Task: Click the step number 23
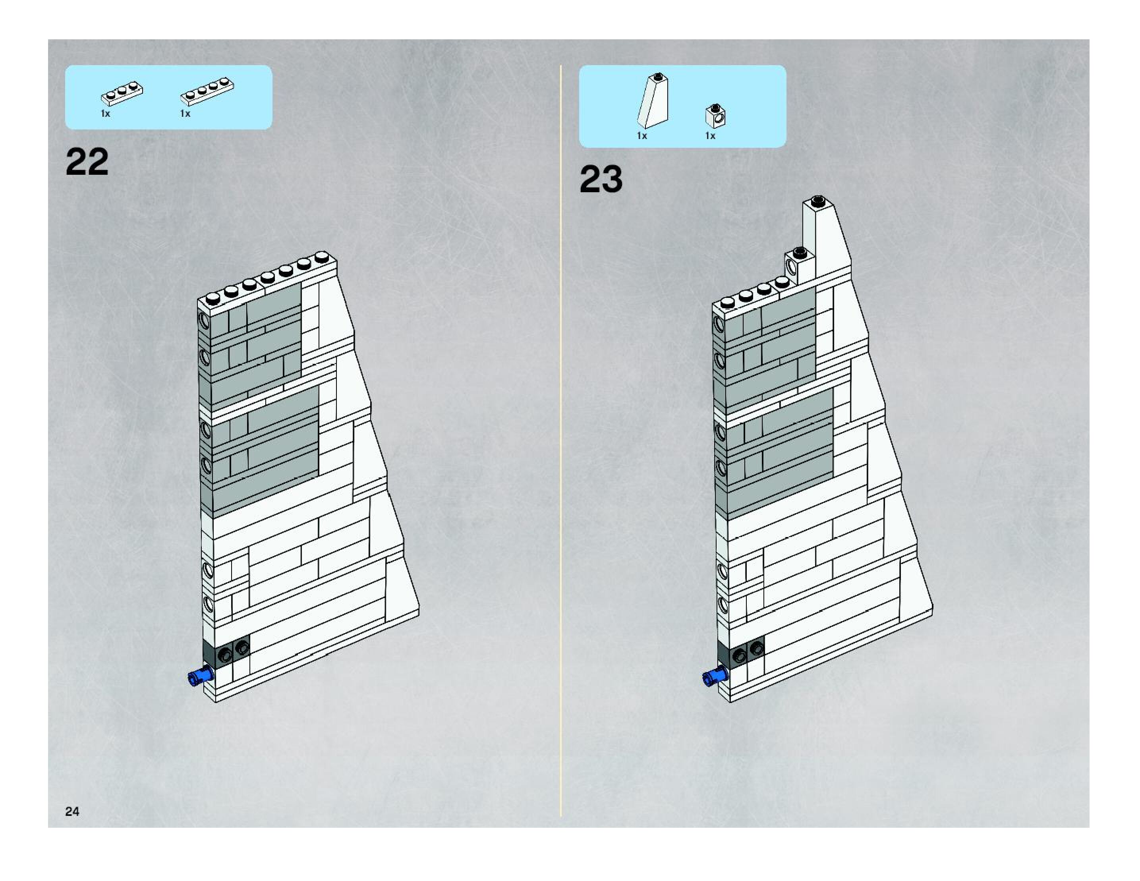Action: [x=601, y=179]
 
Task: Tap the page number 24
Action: [x=72, y=811]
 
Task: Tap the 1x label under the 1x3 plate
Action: [x=105, y=114]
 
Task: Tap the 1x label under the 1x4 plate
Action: [x=185, y=114]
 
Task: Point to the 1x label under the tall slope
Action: [x=642, y=136]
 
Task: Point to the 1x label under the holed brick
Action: [x=710, y=136]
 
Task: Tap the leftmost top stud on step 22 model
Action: [x=213, y=299]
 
